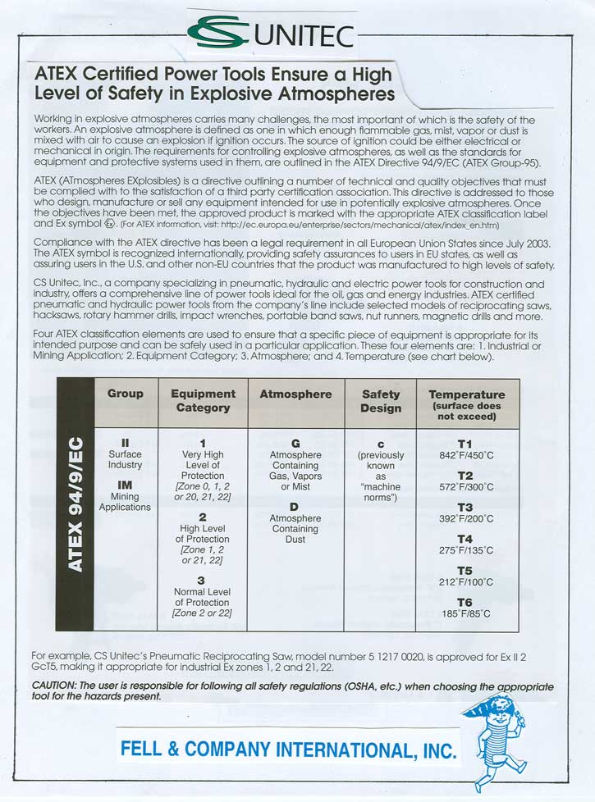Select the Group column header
[126, 394]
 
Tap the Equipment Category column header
[203, 400]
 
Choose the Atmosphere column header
[295, 394]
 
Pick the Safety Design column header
[381, 400]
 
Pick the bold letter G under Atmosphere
[295, 443]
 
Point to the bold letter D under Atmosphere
[295, 507]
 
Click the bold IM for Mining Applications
[125, 485]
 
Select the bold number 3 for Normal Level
[202, 580]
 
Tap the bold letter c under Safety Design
[381, 443]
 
